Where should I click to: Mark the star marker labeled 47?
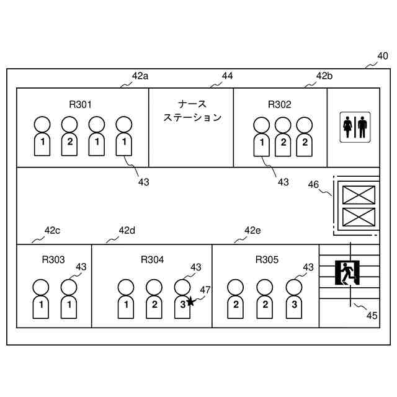(190, 302)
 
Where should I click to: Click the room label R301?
(81, 104)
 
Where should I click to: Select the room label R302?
(279, 104)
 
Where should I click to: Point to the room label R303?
(53, 259)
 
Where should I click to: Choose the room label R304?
(152, 259)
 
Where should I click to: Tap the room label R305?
(267, 259)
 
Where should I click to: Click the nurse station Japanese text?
(192, 110)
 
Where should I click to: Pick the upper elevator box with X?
(359, 195)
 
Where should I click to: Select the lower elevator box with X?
(359, 217)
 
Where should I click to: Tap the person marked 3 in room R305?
(294, 299)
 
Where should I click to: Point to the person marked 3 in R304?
(181, 299)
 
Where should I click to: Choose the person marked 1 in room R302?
(262, 136)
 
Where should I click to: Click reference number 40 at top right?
(383, 56)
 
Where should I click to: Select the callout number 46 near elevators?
(314, 184)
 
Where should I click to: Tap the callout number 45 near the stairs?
(371, 315)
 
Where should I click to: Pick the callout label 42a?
(140, 76)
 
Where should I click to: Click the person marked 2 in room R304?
(154, 299)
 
